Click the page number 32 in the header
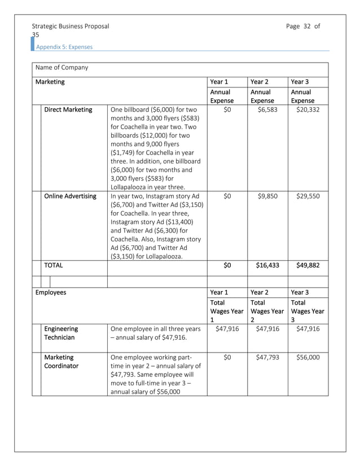coord(307,26)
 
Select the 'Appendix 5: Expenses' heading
coord(64,47)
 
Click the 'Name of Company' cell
coord(62,68)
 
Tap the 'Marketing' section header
coord(50,82)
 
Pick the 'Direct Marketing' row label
coord(68,109)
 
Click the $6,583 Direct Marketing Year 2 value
coord(267,109)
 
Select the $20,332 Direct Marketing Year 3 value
coord(308,109)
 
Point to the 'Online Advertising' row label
coord(70,196)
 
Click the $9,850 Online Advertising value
coord(267,196)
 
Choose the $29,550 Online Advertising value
coord(308,196)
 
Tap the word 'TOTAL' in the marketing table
coord(54,265)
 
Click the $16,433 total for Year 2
coord(267,265)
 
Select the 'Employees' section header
coord(51,293)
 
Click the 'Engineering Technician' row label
coord(62,333)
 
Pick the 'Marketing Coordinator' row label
coord(62,362)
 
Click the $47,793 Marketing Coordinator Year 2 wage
coord(267,357)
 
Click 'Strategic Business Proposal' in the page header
coord(71,26)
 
